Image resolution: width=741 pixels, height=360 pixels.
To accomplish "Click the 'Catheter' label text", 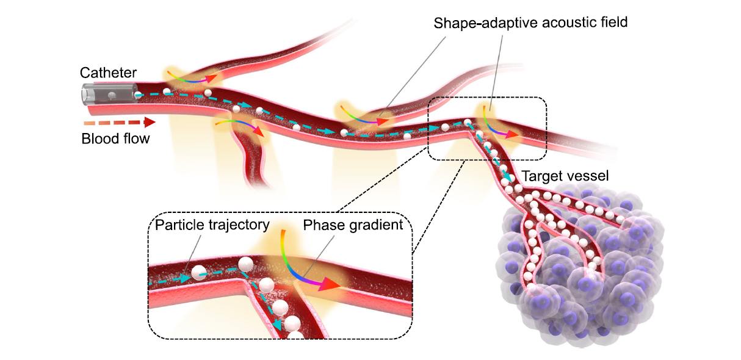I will pyautogui.click(x=108, y=73).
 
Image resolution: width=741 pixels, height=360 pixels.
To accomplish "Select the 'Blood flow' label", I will pyautogui.click(x=115, y=139).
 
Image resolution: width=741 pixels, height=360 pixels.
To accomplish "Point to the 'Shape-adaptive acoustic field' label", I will pyautogui.click(x=530, y=23).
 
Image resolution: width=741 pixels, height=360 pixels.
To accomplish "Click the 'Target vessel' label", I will pyautogui.click(x=565, y=176).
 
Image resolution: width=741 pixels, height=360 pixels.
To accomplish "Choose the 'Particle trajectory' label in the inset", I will pyautogui.click(x=212, y=225).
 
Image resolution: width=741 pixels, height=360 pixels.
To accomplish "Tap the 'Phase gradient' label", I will pyautogui.click(x=353, y=225).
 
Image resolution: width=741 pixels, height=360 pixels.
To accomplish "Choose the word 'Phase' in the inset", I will pyautogui.click(x=320, y=225).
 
